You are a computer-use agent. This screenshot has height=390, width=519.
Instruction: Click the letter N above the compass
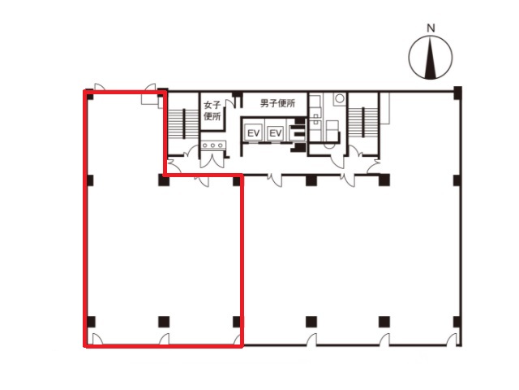pos(431,28)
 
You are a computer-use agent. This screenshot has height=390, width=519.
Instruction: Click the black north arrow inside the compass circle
pos(431,58)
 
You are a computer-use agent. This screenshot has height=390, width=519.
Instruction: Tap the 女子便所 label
pos(212,110)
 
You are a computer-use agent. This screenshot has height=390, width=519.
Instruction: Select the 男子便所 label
pos(277,103)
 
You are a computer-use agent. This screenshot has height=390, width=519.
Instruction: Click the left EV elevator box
pos(253,133)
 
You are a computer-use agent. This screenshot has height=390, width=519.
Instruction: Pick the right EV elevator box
pos(276,133)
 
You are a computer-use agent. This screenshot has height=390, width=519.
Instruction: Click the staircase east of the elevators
pos(362,122)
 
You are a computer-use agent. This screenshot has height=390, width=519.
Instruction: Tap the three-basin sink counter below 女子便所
pos(213,145)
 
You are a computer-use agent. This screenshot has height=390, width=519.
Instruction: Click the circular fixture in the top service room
pos(339,98)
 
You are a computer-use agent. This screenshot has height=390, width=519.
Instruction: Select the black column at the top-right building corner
pos(457,93)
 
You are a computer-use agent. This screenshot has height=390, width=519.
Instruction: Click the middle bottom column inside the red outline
pos(164,322)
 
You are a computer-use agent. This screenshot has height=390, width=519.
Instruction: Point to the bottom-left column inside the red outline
pos(91,322)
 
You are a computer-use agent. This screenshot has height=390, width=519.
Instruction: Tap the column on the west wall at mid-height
pos(90,180)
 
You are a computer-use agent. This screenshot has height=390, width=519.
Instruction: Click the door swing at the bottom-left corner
pos(97,339)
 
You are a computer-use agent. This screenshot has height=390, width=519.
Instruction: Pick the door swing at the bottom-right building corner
pos(453,340)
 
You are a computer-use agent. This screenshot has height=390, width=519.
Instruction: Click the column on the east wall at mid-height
pos(457,180)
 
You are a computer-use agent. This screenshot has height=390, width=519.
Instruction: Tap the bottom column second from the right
pos(384,322)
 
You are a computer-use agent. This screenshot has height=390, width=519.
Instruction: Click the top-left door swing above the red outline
pos(100,86)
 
